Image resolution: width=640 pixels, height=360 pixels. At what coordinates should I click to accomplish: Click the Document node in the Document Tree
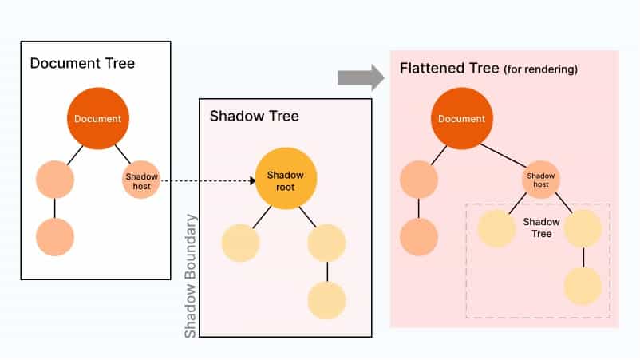click(x=97, y=119)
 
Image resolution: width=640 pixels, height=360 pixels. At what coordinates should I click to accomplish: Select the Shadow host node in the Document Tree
click(x=141, y=180)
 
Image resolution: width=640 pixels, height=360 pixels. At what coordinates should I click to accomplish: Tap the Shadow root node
click(x=286, y=180)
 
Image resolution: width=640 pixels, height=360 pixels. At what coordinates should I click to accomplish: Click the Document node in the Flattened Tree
click(x=462, y=119)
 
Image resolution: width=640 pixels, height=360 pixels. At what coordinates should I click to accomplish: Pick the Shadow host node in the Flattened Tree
click(x=540, y=180)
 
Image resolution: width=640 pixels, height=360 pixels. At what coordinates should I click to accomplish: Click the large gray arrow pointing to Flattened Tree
click(x=361, y=77)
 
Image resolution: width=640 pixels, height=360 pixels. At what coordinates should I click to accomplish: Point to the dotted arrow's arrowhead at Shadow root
click(x=251, y=180)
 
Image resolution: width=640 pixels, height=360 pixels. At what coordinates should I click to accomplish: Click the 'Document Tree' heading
click(x=82, y=63)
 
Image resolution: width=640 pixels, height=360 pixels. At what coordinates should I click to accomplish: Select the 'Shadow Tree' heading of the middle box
click(x=254, y=116)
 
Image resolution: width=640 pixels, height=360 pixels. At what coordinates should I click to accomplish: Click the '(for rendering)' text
click(x=540, y=70)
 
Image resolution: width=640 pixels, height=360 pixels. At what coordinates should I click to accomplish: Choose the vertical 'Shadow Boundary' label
click(x=191, y=275)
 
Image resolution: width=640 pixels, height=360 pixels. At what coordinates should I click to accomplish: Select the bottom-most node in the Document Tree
click(x=55, y=237)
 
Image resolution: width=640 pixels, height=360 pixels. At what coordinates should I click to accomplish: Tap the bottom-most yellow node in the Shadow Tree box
click(x=327, y=300)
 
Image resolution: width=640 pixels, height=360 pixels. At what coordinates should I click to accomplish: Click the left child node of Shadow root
click(x=241, y=243)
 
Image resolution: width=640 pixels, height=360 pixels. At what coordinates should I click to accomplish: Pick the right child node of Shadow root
click(x=327, y=243)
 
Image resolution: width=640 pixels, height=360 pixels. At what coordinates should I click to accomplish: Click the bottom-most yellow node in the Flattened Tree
click(x=583, y=286)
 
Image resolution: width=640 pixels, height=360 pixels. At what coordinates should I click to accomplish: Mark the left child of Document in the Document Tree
click(x=55, y=180)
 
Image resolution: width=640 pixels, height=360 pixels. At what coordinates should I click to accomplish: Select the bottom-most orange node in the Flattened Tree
click(x=419, y=237)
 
